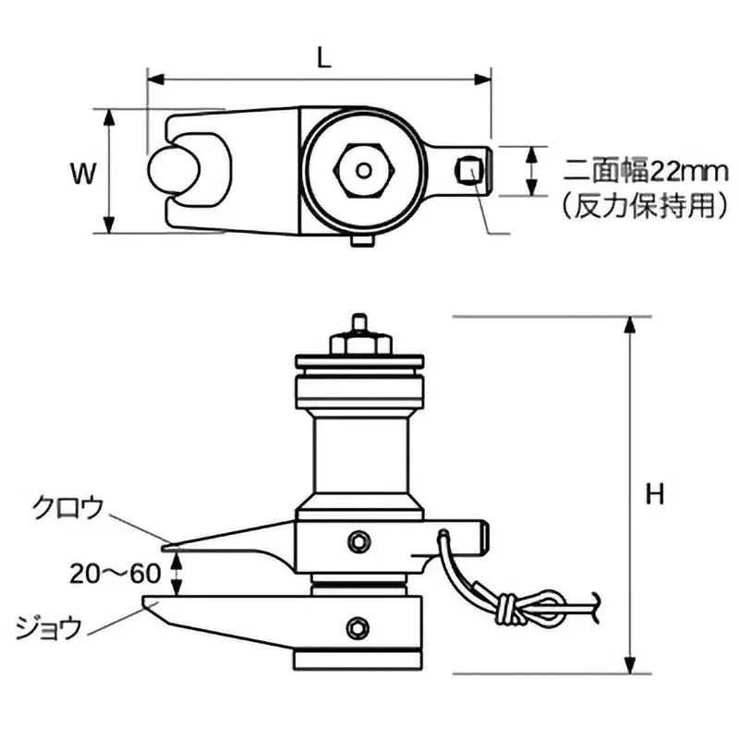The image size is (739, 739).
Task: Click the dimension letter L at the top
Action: (321, 58)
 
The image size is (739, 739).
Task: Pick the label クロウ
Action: (67, 507)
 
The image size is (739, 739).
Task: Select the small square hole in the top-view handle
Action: (470, 170)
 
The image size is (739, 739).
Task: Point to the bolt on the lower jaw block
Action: (355, 628)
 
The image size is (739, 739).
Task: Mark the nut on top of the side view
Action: (357, 343)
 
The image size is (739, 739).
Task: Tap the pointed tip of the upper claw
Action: (174, 542)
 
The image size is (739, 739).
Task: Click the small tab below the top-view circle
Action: (360, 242)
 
